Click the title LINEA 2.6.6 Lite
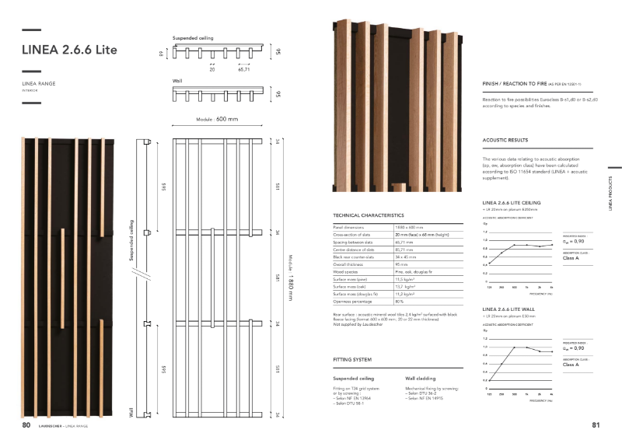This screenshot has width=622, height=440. pyautogui.click(x=70, y=51)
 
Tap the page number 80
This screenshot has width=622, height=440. pyautogui.click(x=26, y=425)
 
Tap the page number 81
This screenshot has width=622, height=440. pyautogui.click(x=596, y=425)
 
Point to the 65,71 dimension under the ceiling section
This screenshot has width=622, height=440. pyautogui.click(x=243, y=69)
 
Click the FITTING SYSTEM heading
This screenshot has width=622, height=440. pyautogui.click(x=352, y=360)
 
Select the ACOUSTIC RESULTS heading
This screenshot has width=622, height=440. pyautogui.click(x=506, y=141)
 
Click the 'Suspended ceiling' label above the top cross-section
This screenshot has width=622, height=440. pyautogui.click(x=192, y=37)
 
